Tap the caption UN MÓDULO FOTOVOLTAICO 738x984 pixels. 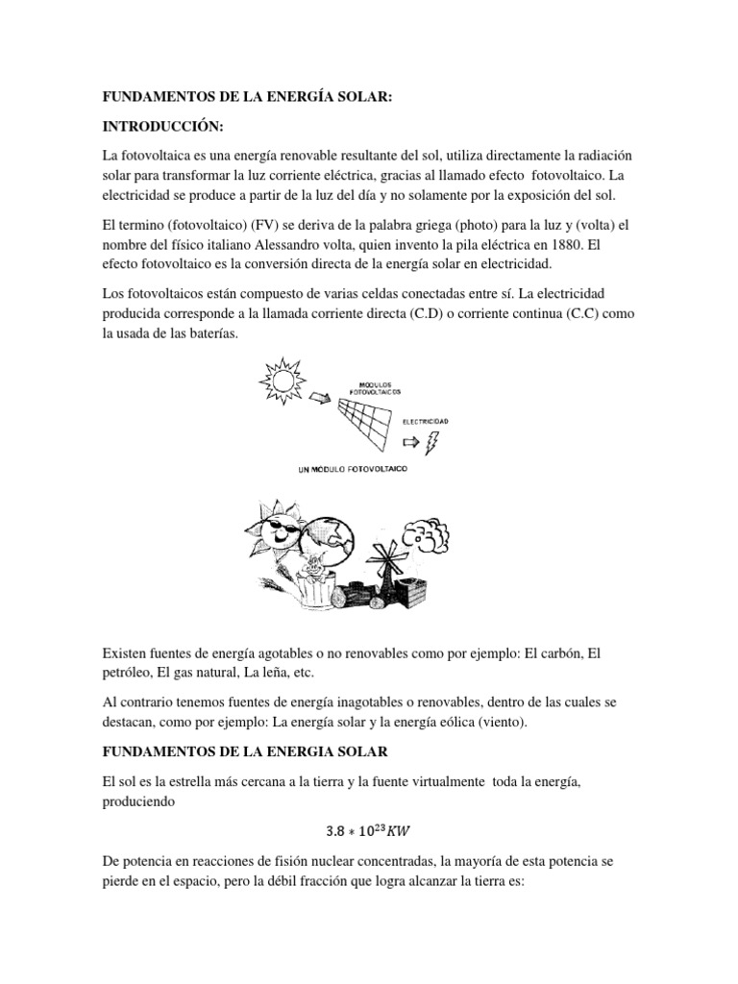[355, 468]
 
